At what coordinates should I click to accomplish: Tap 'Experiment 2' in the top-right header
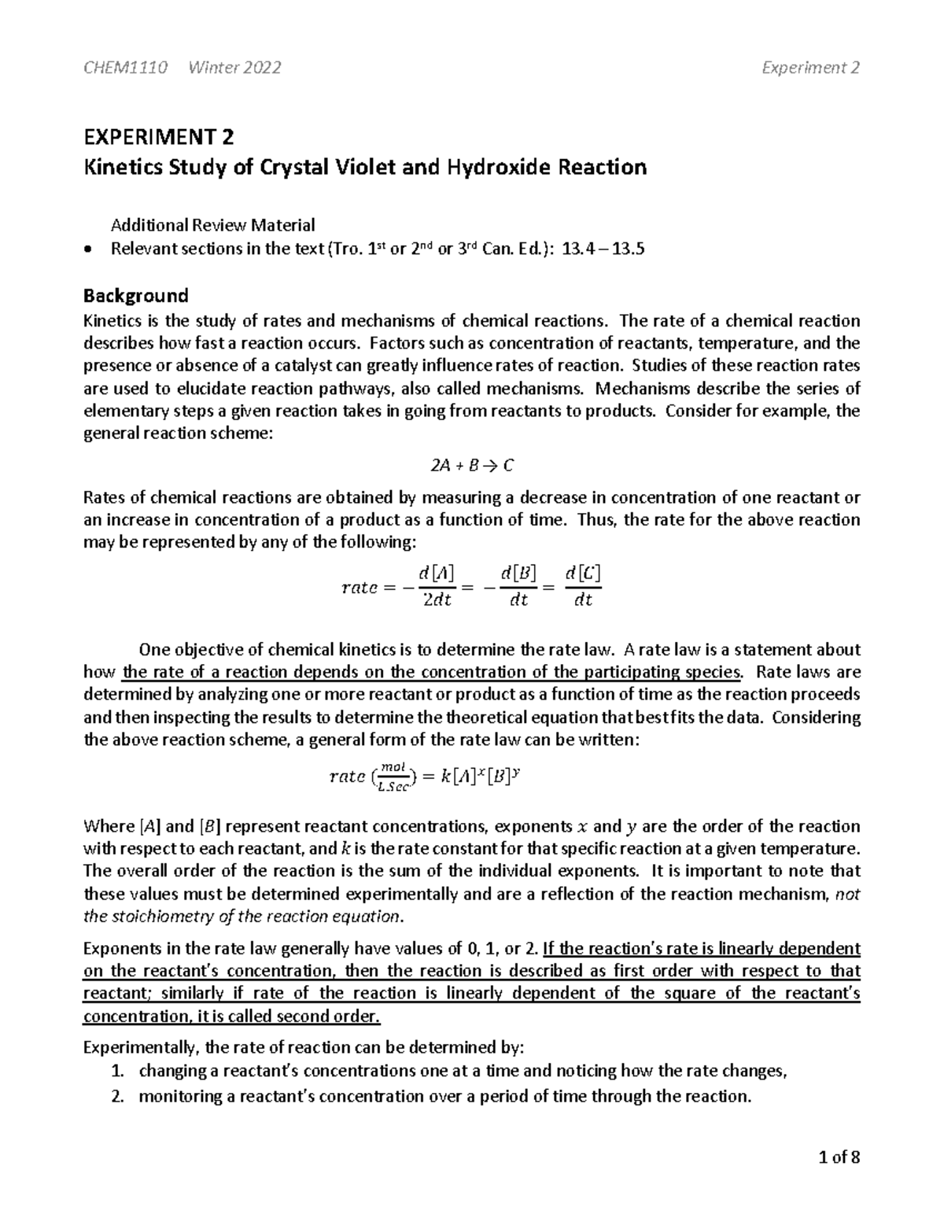[x=810, y=68]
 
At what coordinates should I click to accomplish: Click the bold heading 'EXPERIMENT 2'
[x=158, y=138]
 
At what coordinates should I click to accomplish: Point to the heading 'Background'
[x=136, y=296]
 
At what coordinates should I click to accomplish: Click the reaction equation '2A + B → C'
[x=472, y=466]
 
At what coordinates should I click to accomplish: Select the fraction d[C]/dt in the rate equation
[x=583, y=585]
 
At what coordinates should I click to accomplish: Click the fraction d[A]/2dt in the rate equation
[x=438, y=585]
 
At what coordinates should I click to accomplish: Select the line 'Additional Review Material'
[x=212, y=225]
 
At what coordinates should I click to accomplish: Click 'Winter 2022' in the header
[x=235, y=68]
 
